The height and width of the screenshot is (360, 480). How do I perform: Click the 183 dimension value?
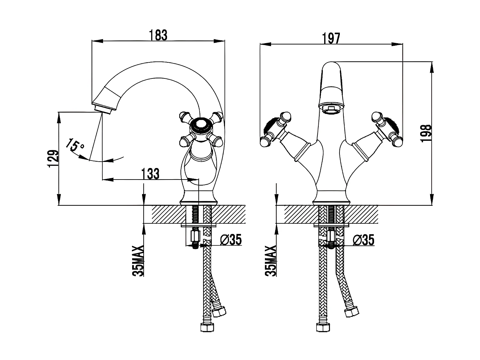[158, 35]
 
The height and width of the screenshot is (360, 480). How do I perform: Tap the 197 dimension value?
[331, 38]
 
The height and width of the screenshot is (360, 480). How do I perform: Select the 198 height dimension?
[426, 133]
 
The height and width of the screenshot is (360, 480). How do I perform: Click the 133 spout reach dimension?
[150, 174]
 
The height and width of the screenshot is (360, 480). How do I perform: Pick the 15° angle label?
[76, 145]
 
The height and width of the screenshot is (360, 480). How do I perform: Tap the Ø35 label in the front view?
[364, 239]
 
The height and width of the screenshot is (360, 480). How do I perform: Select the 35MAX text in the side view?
[139, 261]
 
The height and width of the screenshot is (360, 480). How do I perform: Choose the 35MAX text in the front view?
[271, 261]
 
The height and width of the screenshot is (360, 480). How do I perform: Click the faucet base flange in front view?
[332, 202]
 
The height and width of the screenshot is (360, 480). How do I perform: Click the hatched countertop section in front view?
[362, 214]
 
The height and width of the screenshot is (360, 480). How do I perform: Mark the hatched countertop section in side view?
[166, 214]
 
